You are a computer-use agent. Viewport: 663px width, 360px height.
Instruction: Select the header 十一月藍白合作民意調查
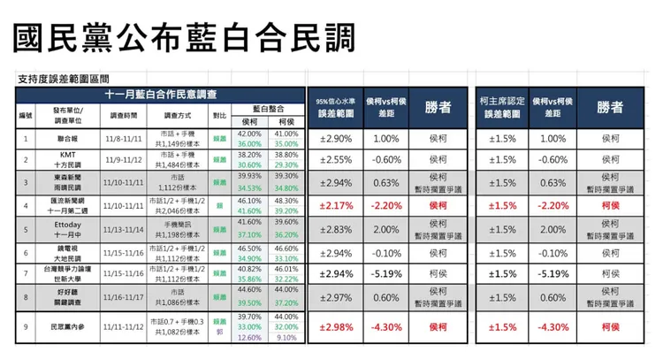pos(160,94)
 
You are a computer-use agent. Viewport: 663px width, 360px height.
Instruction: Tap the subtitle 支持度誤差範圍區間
pos(75,79)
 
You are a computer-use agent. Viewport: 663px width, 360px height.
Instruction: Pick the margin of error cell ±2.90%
pos(335,139)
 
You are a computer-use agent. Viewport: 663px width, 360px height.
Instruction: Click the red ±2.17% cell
pos(335,205)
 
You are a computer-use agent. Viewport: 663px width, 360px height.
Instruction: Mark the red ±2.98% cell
pos(335,326)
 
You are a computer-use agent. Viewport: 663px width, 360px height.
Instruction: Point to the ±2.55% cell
pos(335,160)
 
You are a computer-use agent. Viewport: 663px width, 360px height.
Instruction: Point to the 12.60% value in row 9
pos(249,336)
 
